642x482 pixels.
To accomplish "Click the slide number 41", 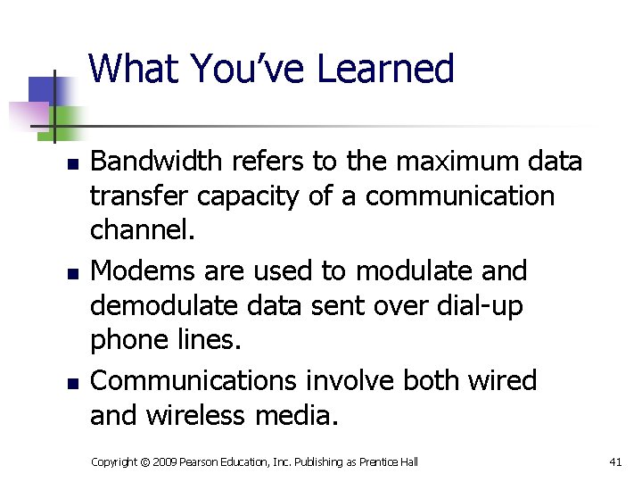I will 614,461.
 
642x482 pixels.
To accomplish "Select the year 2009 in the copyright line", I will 164,461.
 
